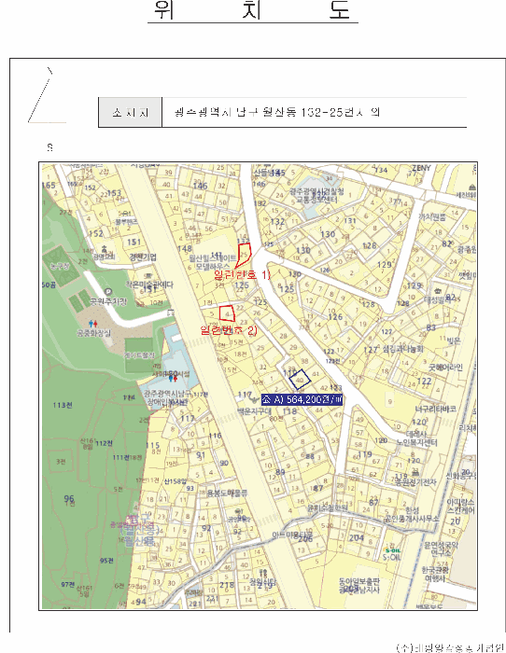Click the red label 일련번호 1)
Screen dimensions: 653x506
tap(242, 275)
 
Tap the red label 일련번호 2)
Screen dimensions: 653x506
tap(228, 330)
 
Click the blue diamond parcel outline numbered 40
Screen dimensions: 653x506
tap(300, 379)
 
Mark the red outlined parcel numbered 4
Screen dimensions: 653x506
tap(225, 313)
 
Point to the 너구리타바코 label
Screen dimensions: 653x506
tap(435, 409)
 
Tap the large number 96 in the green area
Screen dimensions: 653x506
tap(68, 499)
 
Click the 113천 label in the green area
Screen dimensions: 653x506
tap(63, 405)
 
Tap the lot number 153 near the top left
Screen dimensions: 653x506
tap(114, 193)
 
